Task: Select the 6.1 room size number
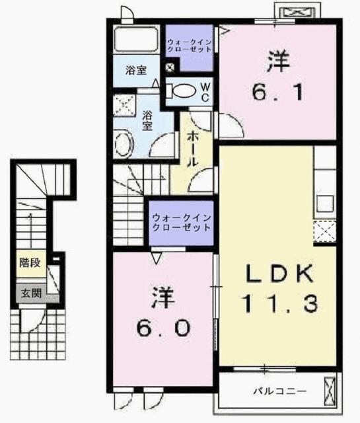coord(279,93)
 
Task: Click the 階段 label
coord(30,263)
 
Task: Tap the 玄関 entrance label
coord(30,293)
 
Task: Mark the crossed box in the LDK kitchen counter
coord(324,231)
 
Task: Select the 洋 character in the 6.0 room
coord(164,296)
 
